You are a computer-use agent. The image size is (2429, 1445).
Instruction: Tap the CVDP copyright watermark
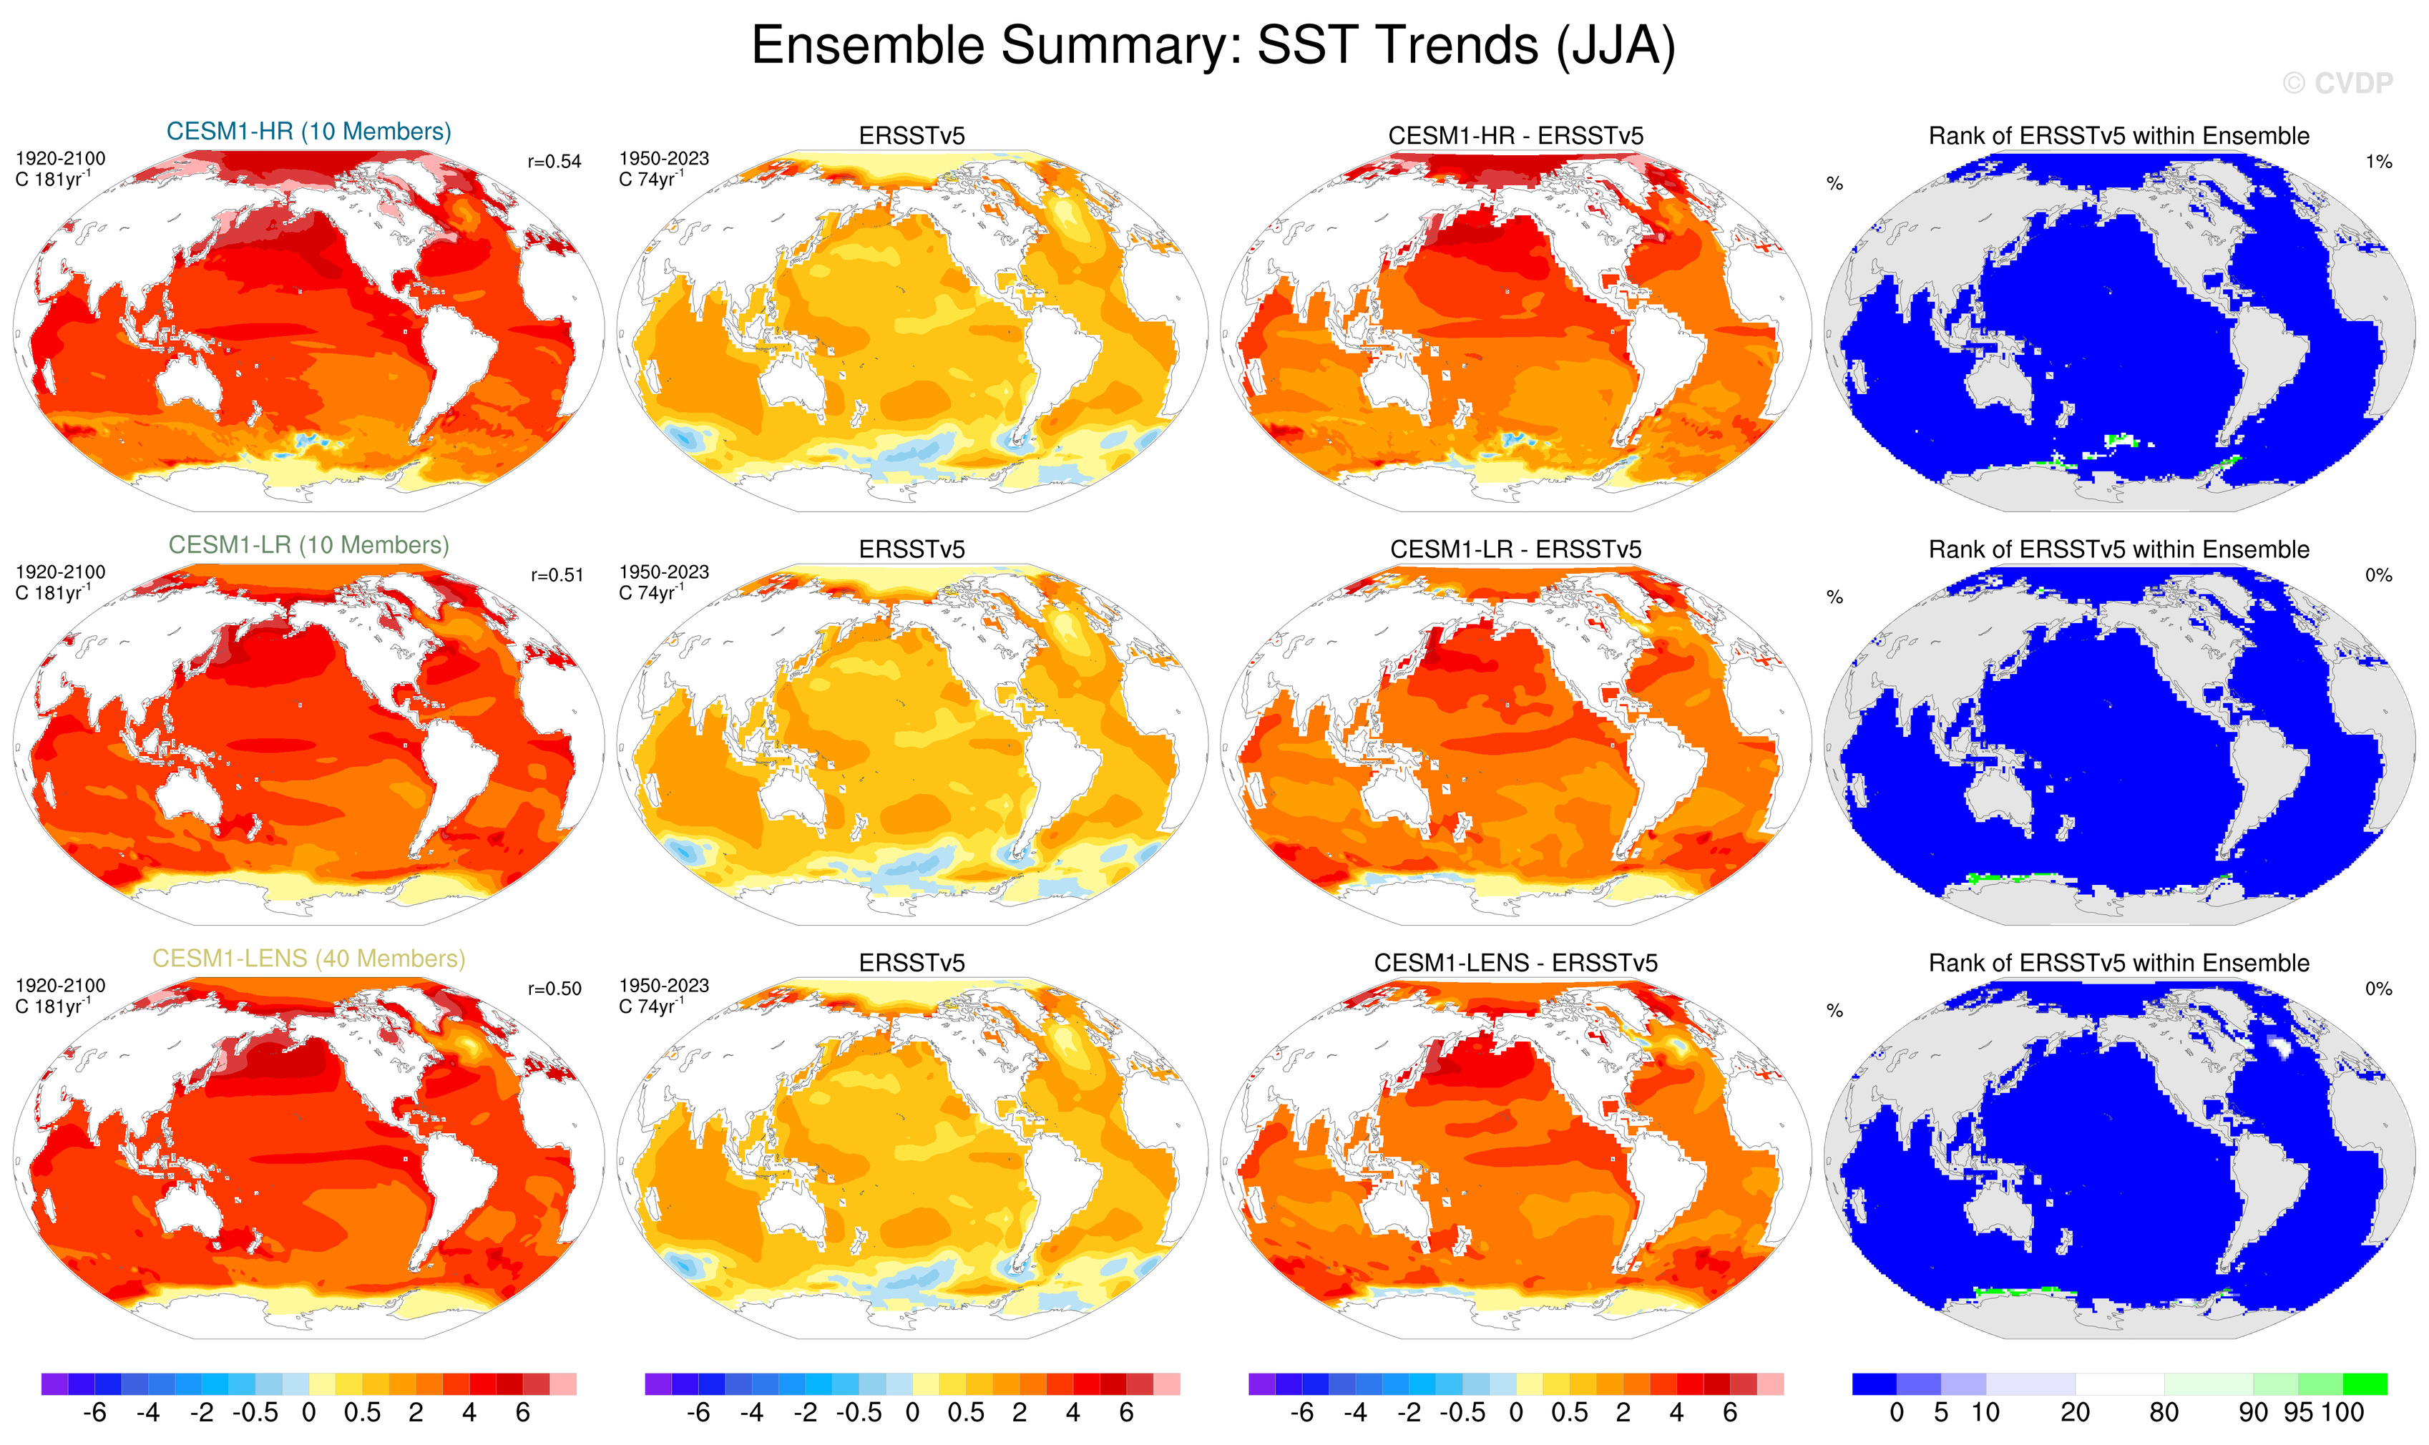click(x=2337, y=84)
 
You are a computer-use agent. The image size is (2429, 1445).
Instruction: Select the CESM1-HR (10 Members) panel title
click(x=309, y=132)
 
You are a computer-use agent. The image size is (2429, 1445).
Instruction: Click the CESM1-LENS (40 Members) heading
click(x=309, y=959)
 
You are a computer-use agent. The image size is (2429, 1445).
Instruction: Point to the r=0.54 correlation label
click(x=554, y=162)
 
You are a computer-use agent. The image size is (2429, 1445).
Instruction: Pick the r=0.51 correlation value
click(x=556, y=575)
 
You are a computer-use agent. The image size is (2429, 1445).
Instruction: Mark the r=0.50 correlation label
click(x=554, y=989)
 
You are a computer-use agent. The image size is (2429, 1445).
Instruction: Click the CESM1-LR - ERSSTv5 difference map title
click(x=1515, y=550)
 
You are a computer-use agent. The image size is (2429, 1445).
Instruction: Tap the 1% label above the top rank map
click(x=2378, y=162)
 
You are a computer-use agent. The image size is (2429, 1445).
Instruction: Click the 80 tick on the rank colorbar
click(x=2163, y=1413)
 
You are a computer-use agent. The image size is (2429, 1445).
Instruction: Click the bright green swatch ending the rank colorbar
click(x=2365, y=1383)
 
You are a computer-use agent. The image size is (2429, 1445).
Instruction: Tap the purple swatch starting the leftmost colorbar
click(x=54, y=1383)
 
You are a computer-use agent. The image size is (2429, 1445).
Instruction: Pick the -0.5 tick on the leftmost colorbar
click(x=255, y=1413)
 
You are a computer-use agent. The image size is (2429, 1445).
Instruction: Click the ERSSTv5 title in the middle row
click(x=912, y=550)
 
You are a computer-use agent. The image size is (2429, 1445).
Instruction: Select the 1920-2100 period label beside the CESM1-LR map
click(x=60, y=572)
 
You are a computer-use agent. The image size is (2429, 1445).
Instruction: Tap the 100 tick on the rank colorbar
click(x=2342, y=1413)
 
